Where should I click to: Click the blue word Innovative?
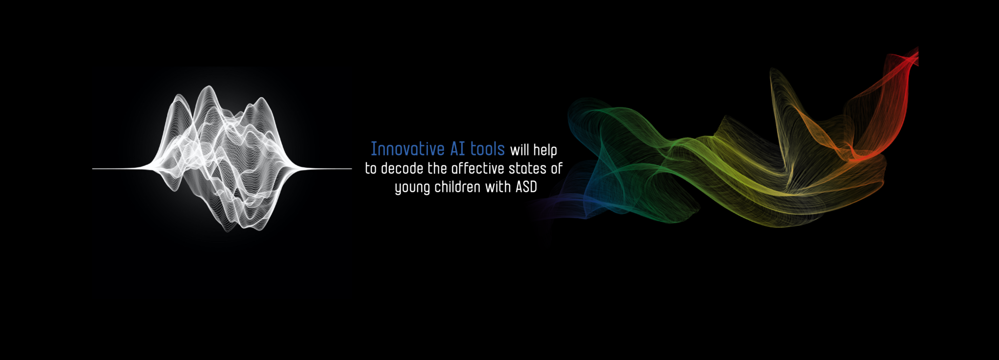coord(408,149)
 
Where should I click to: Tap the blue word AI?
coord(457,149)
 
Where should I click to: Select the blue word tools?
coord(488,149)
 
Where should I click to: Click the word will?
coord(519,150)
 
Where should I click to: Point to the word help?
coord(545,151)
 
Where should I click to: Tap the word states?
coord(528,168)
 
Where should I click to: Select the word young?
coord(412,188)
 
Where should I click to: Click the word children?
coord(457,187)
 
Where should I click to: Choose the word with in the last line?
coord(498,187)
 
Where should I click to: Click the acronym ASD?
coord(526,187)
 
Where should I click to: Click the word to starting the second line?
coord(371,169)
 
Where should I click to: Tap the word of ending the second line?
coord(557,168)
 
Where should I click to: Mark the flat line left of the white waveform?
coord(120,168)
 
